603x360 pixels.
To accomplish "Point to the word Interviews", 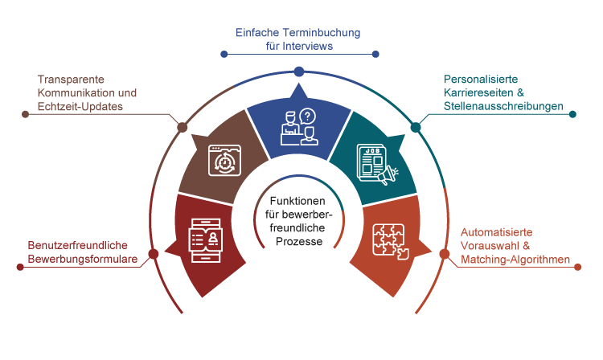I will click(x=309, y=47).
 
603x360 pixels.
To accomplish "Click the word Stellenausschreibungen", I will click(x=504, y=106).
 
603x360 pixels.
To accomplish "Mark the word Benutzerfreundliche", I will click(x=78, y=244).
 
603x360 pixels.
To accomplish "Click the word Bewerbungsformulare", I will click(x=82, y=259).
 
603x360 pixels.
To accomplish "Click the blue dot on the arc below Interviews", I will click(x=298, y=72).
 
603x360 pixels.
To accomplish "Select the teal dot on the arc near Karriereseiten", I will click(x=416, y=127).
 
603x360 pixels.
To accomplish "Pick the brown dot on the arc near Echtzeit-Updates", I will click(x=183, y=127).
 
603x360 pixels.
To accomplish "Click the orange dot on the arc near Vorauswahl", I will click(x=444, y=254).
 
